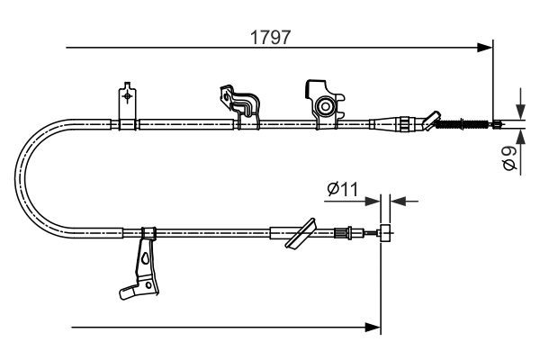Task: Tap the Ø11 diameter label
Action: coord(343,189)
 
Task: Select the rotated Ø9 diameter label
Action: coord(509,159)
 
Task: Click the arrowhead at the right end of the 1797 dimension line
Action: coord(486,45)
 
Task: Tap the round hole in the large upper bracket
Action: coord(325,106)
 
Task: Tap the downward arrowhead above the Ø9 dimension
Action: coord(519,105)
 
